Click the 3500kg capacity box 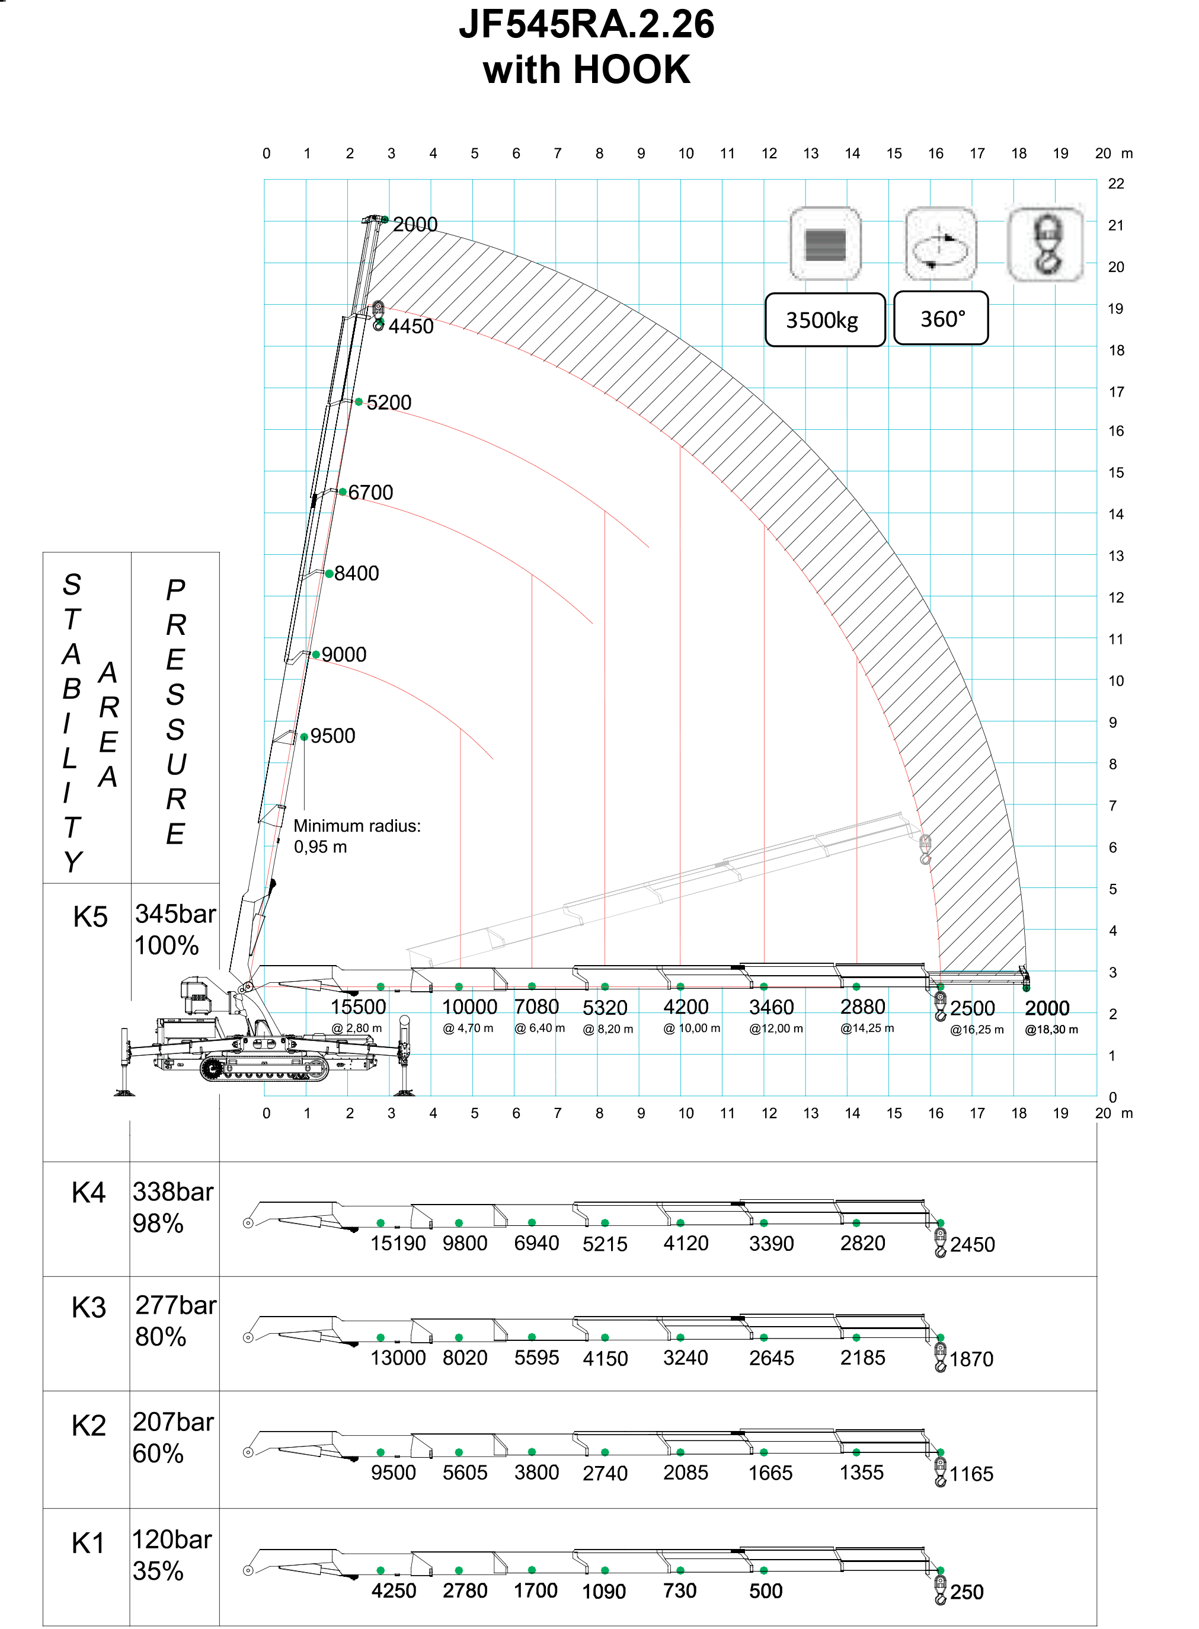824,320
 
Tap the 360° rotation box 941,318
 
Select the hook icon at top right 1046,244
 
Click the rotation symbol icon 941,244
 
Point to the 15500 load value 359,1007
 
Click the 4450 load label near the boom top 411,327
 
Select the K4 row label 88,1193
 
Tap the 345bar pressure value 175,914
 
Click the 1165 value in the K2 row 971,1474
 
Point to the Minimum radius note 356,836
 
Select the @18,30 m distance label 1051,1029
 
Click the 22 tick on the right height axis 1115,184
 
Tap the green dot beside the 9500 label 304,737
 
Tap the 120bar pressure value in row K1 172,1539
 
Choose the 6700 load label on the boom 370,492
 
